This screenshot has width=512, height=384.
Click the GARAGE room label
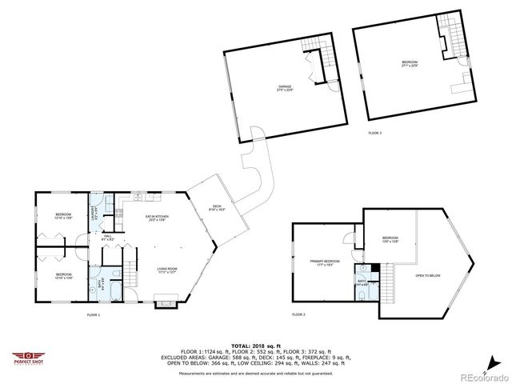point(283,88)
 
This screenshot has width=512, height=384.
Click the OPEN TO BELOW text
point(428,275)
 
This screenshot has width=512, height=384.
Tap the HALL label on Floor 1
point(106,238)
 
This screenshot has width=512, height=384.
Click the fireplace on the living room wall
point(166,303)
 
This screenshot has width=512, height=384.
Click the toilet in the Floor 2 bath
point(362,294)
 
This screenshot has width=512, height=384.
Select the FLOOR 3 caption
point(375,133)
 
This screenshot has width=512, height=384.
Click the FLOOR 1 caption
point(94,315)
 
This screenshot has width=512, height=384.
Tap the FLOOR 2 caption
point(298,315)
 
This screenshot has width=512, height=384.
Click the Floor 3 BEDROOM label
point(410,63)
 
